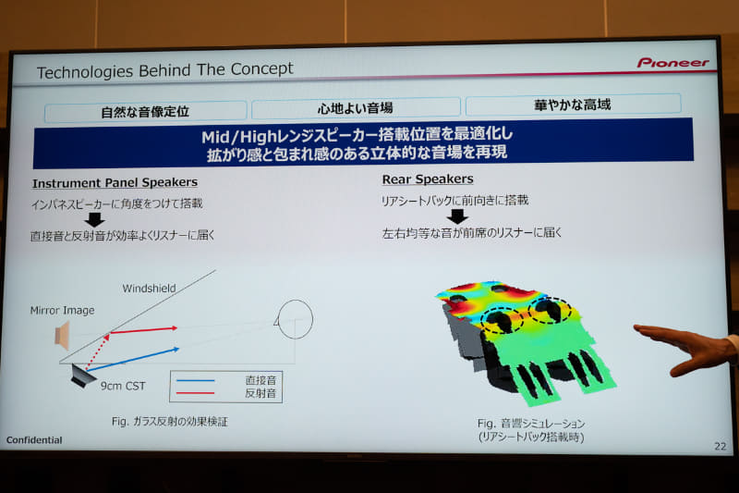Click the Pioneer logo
[x=672, y=63]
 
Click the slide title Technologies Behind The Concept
[x=164, y=69]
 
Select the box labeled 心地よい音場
[x=356, y=107]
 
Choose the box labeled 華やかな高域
[x=573, y=104]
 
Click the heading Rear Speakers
[x=427, y=179]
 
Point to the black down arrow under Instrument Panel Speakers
[x=93, y=219]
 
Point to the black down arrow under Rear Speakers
[x=457, y=216]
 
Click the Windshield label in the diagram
[x=149, y=289]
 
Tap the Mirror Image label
[x=62, y=311]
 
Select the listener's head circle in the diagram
[x=295, y=319]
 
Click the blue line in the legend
[x=194, y=380]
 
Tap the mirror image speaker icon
[x=62, y=335]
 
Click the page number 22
[x=720, y=446]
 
